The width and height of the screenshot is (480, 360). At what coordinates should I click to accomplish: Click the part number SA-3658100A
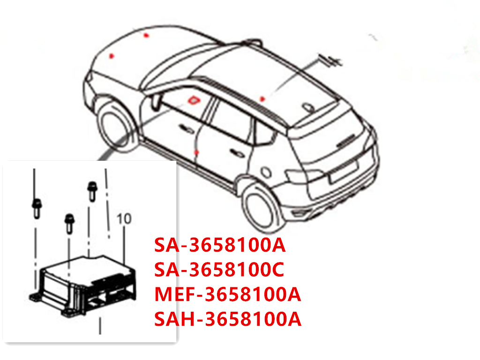(x=220, y=245)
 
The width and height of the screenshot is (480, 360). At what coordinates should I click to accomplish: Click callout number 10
(x=124, y=218)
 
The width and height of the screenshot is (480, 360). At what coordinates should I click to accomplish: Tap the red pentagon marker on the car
(x=193, y=99)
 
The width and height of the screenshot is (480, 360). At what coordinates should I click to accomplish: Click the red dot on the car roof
(x=262, y=99)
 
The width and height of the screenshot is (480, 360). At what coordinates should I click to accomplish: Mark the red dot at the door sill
(x=197, y=153)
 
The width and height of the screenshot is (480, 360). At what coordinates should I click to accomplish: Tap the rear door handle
(x=236, y=153)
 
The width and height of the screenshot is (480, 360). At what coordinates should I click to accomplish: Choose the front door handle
(x=185, y=130)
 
